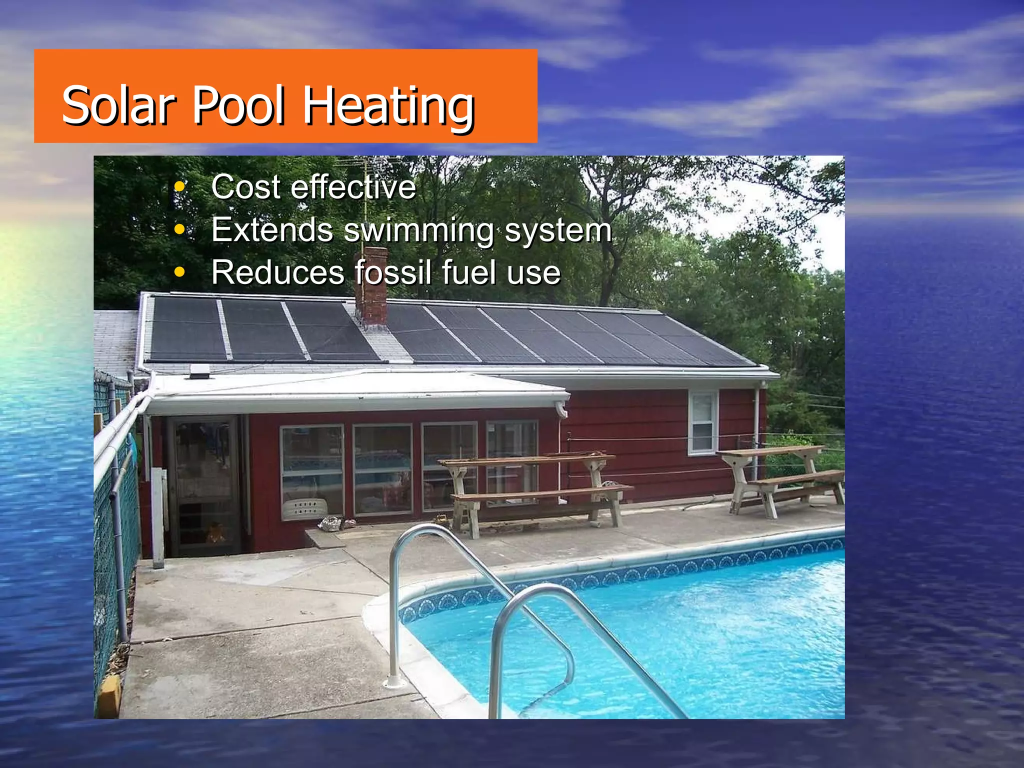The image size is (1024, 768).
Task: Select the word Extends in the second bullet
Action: pos(272,230)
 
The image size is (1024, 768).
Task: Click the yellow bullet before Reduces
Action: pos(179,273)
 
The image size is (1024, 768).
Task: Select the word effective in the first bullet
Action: pos(353,187)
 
